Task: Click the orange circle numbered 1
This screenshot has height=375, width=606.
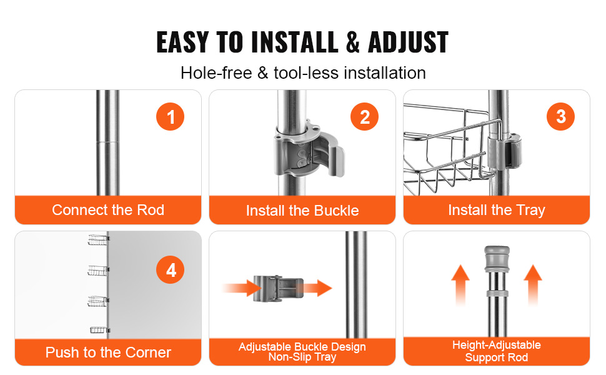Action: point(170,117)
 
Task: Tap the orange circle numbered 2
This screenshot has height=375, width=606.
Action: point(364,117)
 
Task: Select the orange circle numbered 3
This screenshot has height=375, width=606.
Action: point(560,116)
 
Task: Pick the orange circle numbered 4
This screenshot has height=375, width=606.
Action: point(170,269)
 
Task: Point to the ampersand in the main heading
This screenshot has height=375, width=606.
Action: point(352,42)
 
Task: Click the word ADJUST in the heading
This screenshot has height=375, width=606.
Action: point(408,42)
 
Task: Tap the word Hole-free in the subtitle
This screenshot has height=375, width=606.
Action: point(216,72)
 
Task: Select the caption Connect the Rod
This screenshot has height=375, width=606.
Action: point(108,210)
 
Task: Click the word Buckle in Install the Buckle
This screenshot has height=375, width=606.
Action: point(337,211)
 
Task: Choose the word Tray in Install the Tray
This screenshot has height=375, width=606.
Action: point(530,211)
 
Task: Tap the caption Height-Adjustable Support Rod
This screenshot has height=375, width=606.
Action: point(497,351)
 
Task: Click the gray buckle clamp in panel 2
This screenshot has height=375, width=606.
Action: point(309,149)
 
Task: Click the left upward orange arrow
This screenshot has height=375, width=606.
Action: point(460,284)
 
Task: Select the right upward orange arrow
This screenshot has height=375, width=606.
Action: point(532,284)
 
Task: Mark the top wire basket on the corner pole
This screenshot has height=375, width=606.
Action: point(98,240)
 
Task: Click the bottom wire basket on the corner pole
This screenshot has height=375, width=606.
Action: point(100,330)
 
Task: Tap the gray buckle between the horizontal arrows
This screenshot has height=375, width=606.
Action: point(278,288)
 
